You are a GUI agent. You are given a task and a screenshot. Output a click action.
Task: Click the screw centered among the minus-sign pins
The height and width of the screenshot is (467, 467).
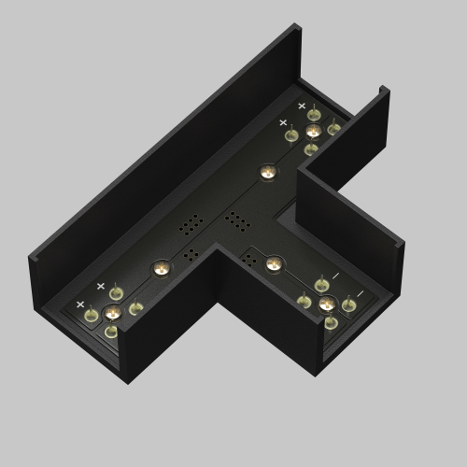pos(326,303)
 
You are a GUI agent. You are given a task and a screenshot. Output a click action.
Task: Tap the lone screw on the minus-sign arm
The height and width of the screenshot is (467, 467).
pos(273,263)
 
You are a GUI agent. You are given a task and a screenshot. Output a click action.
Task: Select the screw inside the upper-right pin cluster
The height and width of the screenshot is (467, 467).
pos(313,131)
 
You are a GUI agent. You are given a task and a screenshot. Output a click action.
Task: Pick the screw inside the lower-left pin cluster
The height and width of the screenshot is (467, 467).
pos(112,312)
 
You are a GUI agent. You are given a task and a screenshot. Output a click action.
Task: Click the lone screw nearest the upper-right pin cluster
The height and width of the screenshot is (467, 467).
pos(268,173)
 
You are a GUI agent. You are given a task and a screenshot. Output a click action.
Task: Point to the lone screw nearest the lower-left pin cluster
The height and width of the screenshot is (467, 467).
pos(161,268)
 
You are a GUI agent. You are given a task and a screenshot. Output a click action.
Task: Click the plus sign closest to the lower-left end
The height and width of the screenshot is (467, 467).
pos(80,304)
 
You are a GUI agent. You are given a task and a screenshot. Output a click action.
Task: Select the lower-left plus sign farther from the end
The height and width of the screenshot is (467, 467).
pos(101,286)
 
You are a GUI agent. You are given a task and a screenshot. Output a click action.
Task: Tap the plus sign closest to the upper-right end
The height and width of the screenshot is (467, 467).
pos(302,106)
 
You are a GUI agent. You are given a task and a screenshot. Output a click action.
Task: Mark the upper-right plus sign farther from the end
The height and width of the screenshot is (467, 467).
pos(283,122)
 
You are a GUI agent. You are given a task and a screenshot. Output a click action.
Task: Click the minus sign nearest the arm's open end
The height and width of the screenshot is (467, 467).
pos(358,294)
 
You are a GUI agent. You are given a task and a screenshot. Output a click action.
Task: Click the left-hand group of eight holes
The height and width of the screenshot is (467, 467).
pos(191,224)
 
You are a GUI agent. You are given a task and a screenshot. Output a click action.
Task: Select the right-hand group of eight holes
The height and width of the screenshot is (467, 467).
pos(236,221)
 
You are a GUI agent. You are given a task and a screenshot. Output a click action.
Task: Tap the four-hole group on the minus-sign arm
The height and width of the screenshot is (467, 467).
pos(248,258)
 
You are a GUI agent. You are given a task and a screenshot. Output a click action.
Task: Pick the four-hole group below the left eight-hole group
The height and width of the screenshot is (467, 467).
pos(191,253)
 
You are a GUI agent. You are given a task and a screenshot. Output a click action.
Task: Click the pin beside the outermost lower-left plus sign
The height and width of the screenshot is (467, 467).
pos(92,316)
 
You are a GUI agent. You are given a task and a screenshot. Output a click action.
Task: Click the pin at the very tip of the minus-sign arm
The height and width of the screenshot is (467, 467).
pos(331,322)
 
